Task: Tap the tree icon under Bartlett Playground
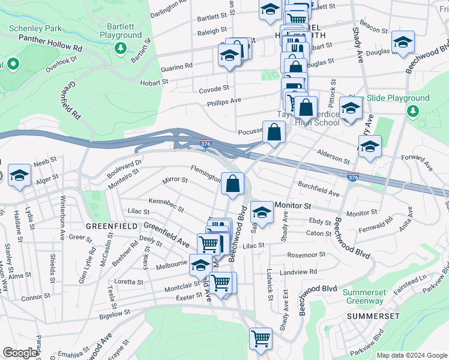click(121, 47)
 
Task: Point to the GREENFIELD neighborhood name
click(109, 226)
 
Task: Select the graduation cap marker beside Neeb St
click(20, 175)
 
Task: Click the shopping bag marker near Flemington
click(233, 183)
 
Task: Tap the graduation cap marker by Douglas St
click(402, 41)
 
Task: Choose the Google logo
click(20, 353)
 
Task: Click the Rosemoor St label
click(306, 254)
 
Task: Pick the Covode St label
click(214, 89)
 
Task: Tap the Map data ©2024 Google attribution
click(411, 355)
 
